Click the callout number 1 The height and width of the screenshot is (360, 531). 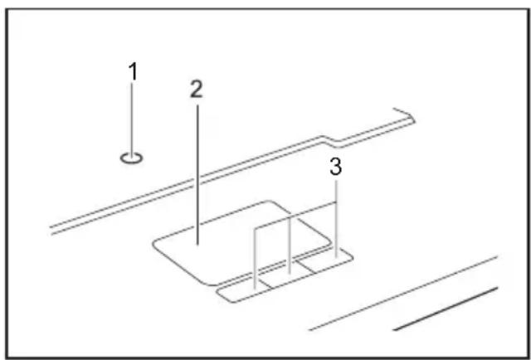pos(134,71)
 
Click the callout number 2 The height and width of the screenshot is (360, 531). pos(196,90)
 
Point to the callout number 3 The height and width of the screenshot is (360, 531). pos(335,167)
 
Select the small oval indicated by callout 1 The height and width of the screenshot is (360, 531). pos(131,158)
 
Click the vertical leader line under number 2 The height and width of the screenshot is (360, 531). pos(197,174)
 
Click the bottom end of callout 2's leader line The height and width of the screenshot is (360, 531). pos(197,245)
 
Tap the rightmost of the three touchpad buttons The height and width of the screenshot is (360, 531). pos(324,260)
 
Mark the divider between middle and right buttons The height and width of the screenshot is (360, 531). pos(306,267)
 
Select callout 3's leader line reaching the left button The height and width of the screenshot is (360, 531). pos(255,259)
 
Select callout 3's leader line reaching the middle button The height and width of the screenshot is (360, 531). pos(290,245)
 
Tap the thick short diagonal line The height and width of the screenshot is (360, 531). pos(446,309)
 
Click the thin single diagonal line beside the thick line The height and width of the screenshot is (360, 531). pos(403,294)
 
